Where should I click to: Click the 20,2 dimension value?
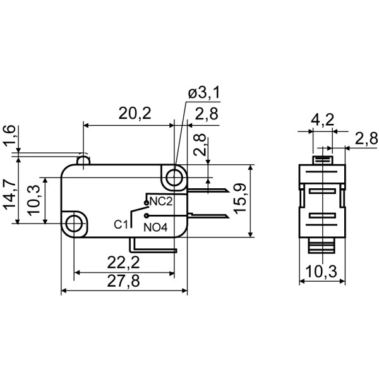click(135, 114)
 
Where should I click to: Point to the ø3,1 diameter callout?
click(203, 93)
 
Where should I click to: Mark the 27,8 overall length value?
click(123, 282)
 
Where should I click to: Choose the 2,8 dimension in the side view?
click(365, 139)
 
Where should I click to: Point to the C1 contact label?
click(121, 224)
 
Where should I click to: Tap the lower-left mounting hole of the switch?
click(75, 223)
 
